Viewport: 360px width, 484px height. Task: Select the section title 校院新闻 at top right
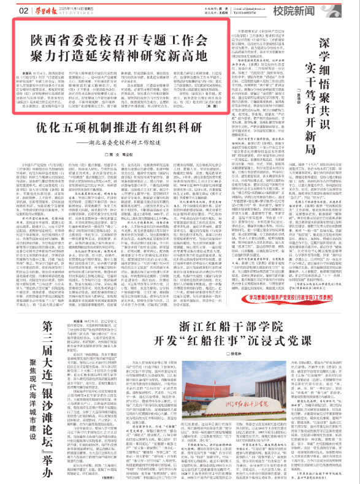click(x=320, y=10)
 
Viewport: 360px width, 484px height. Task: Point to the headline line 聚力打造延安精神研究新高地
click(x=123, y=55)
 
